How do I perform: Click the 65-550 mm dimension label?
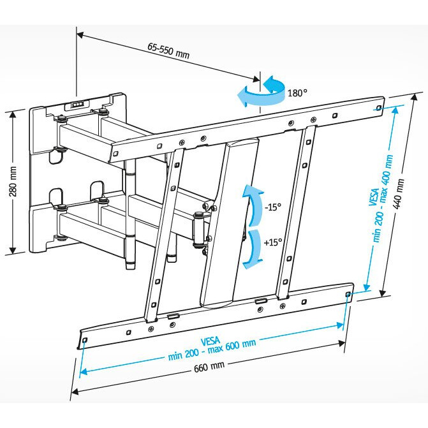click(168, 51)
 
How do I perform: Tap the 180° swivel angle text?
click(297, 92)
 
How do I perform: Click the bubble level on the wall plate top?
click(77, 104)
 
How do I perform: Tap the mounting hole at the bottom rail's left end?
click(85, 340)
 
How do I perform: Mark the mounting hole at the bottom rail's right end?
click(347, 294)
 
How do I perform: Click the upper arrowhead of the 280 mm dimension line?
click(12, 114)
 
